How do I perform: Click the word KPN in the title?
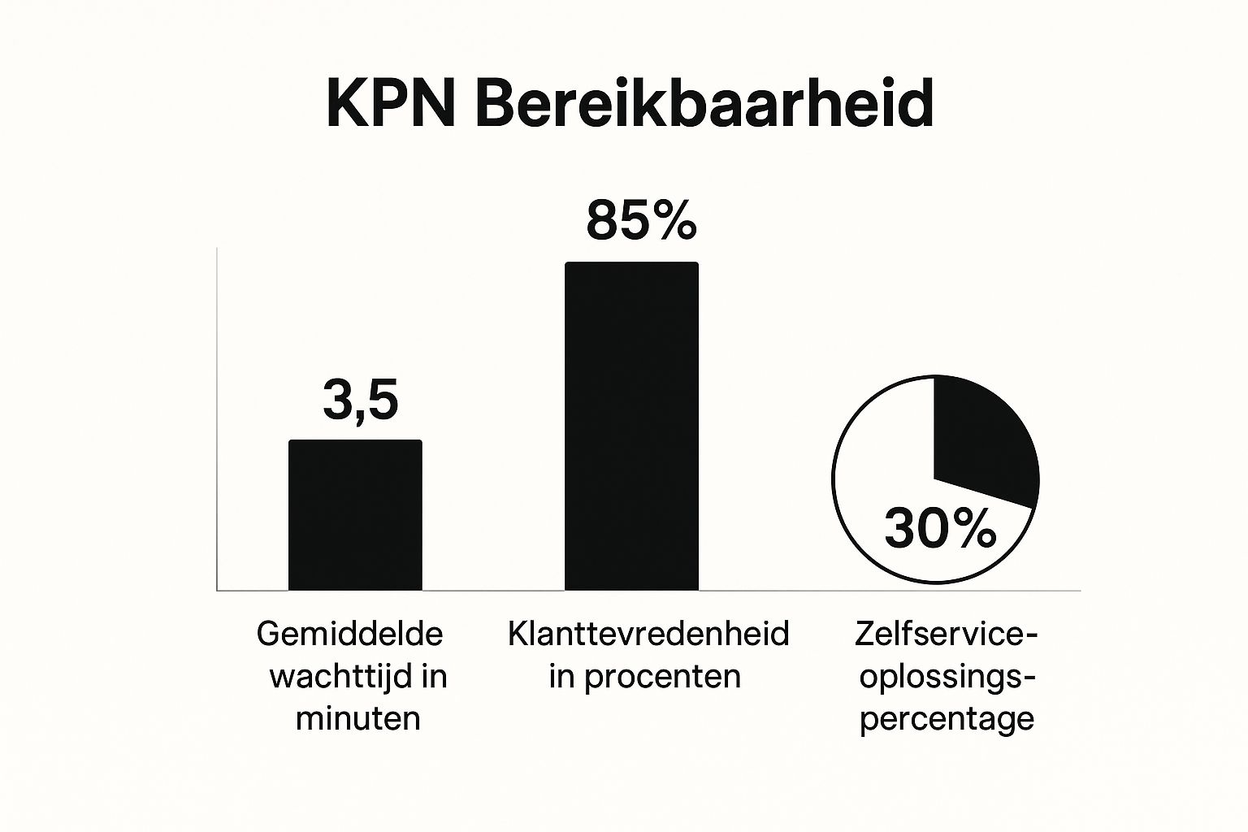click(389, 103)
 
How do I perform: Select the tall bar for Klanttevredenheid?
click(631, 426)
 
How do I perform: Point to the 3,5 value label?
click(360, 401)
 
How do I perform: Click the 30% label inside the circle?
click(940, 529)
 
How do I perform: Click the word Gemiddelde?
click(350, 634)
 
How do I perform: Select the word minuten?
click(358, 718)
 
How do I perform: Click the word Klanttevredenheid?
click(648, 634)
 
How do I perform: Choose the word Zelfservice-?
click(947, 634)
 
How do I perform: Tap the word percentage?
click(947, 718)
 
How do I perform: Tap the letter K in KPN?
click(344, 103)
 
